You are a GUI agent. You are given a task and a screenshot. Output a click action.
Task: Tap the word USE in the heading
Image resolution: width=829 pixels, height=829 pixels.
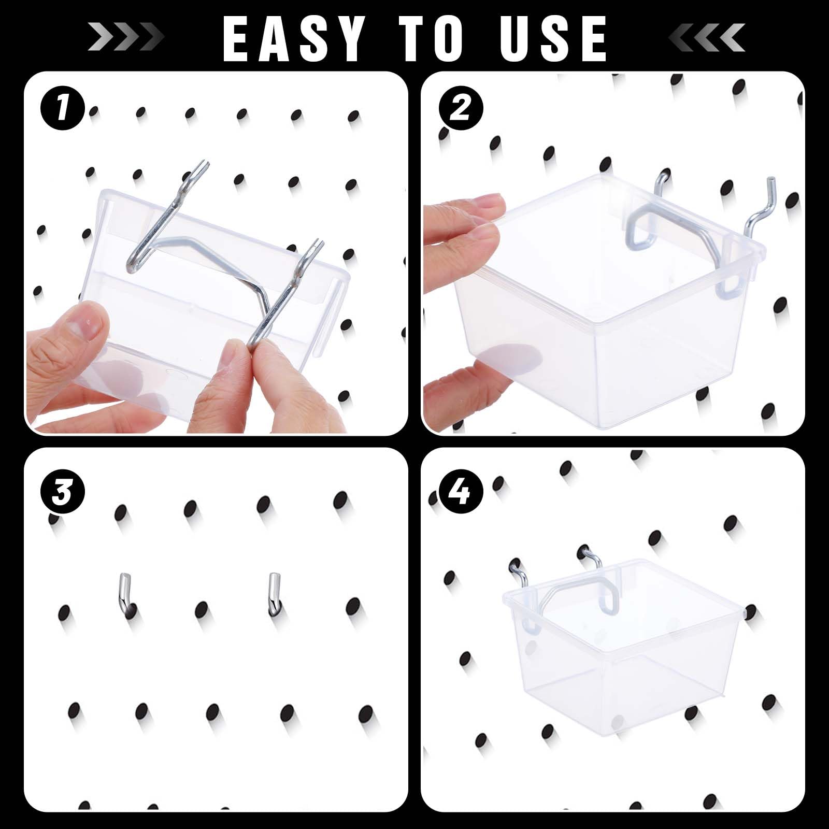(553, 38)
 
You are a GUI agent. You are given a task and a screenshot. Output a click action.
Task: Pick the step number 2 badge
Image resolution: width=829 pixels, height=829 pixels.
(461, 108)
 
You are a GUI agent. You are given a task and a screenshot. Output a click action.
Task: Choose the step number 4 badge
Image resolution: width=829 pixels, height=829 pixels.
(461, 490)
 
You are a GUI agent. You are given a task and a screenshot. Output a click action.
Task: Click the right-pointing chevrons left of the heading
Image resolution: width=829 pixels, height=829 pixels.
(126, 37)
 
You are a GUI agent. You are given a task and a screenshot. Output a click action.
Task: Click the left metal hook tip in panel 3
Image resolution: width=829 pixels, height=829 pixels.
(124, 593)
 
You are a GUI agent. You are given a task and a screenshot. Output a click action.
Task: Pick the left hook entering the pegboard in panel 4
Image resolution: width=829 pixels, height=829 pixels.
(518, 573)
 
